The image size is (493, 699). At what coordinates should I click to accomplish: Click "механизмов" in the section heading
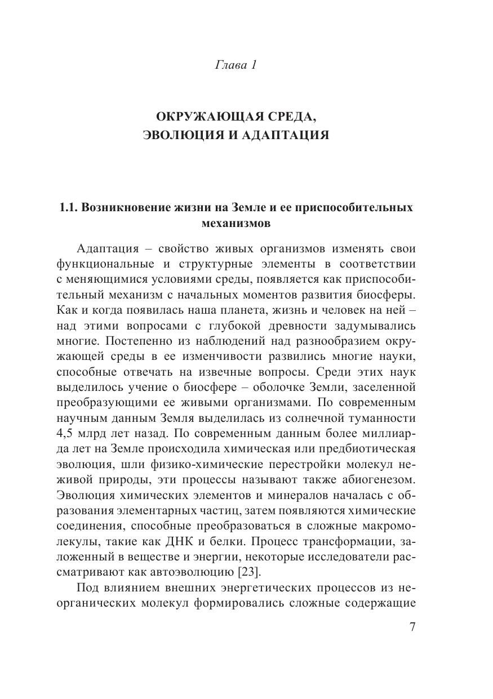pos(236,224)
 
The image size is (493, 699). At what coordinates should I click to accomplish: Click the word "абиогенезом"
pos(376,480)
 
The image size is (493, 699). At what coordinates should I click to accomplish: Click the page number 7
pos(412,627)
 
